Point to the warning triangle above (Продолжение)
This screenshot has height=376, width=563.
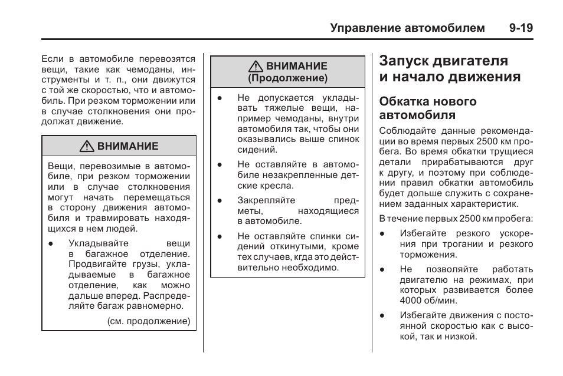[x=257, y=66]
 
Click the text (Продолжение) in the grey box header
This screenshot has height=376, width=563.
[x=287, y=78]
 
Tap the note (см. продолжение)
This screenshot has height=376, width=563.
[x=149, y=322]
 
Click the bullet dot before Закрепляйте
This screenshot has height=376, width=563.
[x=219, y=200]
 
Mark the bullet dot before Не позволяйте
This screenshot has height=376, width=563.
[x=382, y=269]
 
